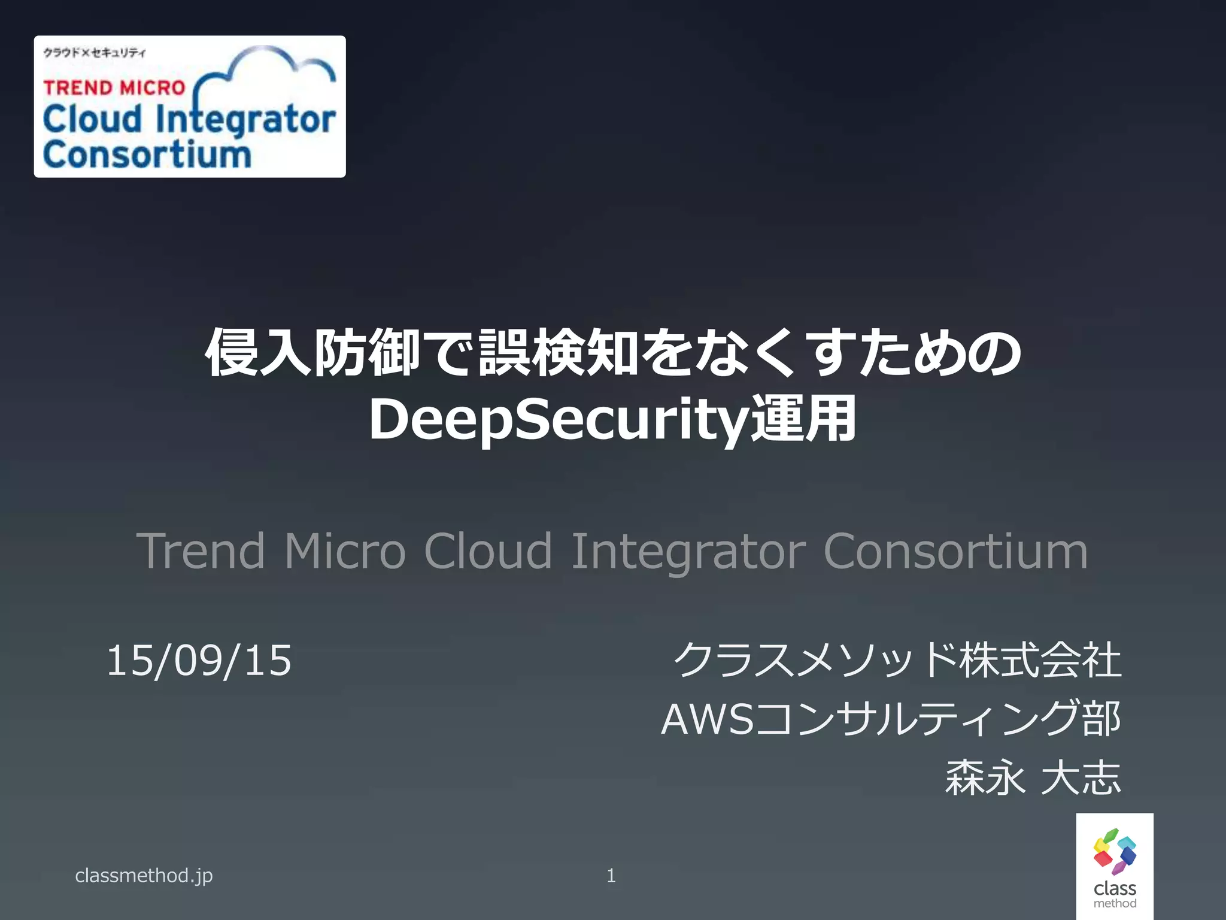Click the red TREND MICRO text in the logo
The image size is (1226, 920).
pyautogui.click(x=114, y=88)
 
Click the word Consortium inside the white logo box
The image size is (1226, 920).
pyautogui.click(x=147, y=155)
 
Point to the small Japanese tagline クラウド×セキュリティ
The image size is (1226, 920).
pyautogui.click(x=94, y=53)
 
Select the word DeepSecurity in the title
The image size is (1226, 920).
pyautogui.click(x=559, y=420)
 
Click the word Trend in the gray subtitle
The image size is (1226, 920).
pyautogui.click(x=201, y=551)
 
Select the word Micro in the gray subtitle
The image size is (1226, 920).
pyautogui.click(x=345, y=551)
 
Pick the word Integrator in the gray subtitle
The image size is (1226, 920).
pyautogui.click(x=688, y=551)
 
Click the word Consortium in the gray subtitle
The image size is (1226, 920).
pyautogui.click(x=955, y=551)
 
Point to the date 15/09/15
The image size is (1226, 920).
pyautogui.click(x=199, y=661)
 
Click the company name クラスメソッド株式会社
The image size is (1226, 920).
pyautogui.click(x=897, y=660)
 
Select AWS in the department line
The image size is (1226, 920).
pyautogui.click(x=706, y=719)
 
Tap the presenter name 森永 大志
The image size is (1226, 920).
pyautogui.click(x=1033, y=778)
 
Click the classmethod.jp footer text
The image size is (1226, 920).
pyautogui.click(x=144, y=876)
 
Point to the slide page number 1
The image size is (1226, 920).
pyautogui.click(x=611, y=876)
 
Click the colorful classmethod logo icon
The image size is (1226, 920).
pyautogui.click(x=1115, y=851)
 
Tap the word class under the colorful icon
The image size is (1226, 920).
pyautogui.click(x=1115, y=888)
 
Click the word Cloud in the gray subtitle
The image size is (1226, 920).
pyautogui.click(x=487, y=551)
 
